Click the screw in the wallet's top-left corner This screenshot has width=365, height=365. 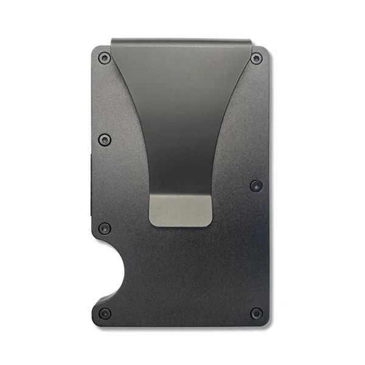point(105,58)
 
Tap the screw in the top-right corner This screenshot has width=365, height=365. point(257,58)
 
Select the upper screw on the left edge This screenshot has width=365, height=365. point(105,139)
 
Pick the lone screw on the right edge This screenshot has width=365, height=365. point(256,186)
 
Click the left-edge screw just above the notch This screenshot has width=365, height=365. point(105,229)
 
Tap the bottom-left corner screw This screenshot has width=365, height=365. point(105,313)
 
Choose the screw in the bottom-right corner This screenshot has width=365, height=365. point(257,313)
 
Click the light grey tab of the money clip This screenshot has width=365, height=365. point(181,210)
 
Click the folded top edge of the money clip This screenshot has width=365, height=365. point(181,42)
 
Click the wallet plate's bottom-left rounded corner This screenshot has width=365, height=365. point(95,321)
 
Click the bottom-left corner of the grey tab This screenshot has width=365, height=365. point(151,224)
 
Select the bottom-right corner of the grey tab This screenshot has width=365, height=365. point(210,224)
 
